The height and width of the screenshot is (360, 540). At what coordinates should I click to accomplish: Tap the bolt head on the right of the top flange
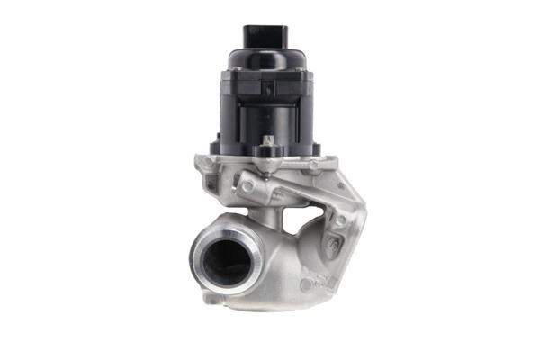click(x=313, y=165)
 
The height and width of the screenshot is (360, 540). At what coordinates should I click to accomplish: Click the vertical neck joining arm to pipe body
click(x=274, y=216)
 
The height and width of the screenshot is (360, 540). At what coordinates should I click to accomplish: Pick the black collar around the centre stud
click(x=268, y=152)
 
